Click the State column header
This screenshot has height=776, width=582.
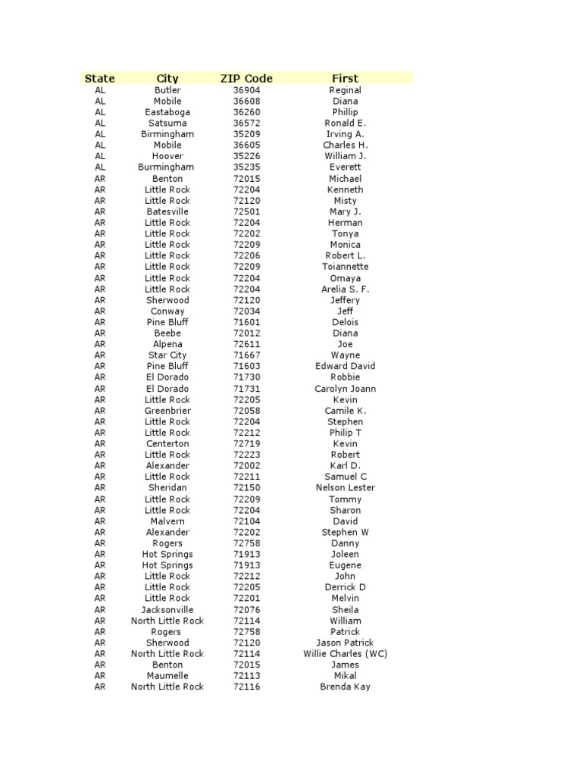pos(100,78)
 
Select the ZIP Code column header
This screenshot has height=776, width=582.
pos(246,78)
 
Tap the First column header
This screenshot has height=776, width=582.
pos(345,78)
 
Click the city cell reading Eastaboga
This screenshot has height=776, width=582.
pos(167,112)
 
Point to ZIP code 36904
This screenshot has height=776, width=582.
pos(246,90)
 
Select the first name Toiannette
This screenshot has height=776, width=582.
pos(345,267)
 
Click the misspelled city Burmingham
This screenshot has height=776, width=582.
pos(167,167)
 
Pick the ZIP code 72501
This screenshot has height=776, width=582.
pos(246,211)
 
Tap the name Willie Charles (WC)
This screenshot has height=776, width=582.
pos(345,653)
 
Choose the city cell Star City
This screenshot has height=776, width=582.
pos(167,355)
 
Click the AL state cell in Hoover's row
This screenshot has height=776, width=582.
pos(100,156)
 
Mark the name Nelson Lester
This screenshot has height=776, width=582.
pos(345,488)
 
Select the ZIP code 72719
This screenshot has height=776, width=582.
pos(246,443)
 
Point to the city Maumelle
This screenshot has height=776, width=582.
pos(167,676)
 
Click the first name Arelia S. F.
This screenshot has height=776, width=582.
pos(345,289)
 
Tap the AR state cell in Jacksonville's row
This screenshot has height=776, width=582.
pos(100,609)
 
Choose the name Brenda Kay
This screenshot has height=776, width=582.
pos(345,687)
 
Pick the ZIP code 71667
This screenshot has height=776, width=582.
pos(246,355)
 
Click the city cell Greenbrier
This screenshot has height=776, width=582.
pos(167,411)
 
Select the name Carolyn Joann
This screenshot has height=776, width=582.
pos(345,389)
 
